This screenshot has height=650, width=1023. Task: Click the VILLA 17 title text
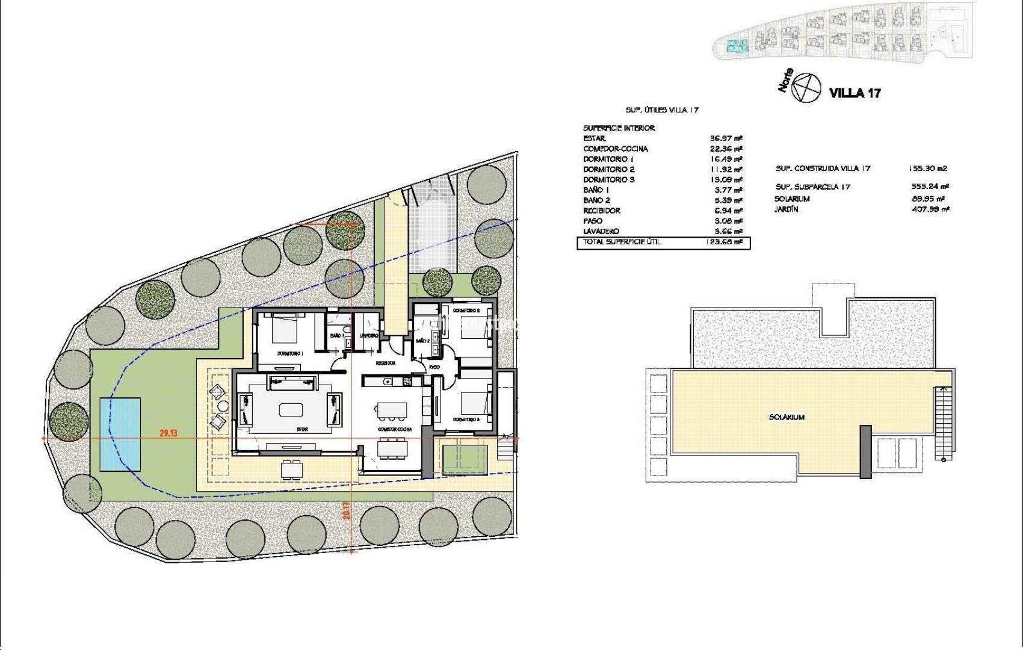pos(855,93)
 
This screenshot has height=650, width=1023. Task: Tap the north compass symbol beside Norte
pos(806,88)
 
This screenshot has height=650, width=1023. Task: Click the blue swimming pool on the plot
pos(120,433)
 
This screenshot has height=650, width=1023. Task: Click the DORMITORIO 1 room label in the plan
pos(289,353)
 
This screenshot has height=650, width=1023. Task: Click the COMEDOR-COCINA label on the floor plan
pos(395,429)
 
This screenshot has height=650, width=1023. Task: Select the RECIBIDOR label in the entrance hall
pos(385,364)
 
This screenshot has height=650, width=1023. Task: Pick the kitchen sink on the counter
pos(388,380)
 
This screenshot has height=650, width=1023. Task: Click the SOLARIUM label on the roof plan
pos(786,417)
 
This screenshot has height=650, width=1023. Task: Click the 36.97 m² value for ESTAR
pos(726,138)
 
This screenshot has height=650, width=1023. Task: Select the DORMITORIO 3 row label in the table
pos(608,179)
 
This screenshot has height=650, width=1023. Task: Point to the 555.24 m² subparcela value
pos(930,187)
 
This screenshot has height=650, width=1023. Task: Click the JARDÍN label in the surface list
pos(786,209)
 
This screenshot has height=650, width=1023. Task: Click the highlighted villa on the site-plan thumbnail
pos(734,46)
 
